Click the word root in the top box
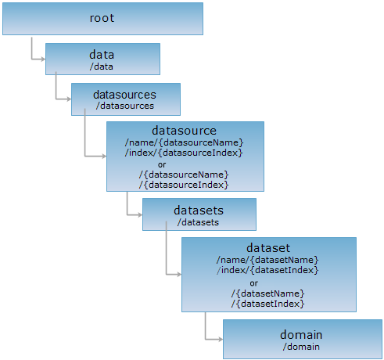102,18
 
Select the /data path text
102,67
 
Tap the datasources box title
124,95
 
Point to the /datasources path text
125,106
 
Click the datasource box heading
184,131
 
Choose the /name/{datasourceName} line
184,142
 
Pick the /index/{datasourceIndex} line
184,153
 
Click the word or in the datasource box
162,164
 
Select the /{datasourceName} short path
184,175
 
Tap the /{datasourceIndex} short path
184,185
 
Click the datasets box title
199,211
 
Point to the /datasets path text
198,222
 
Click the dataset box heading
268,248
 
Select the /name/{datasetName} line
267,260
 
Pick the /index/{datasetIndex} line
267,270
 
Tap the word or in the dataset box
254,283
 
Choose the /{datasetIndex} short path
267,304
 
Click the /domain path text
301,347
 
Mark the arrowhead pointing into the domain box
221,340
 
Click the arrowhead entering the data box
43,59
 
